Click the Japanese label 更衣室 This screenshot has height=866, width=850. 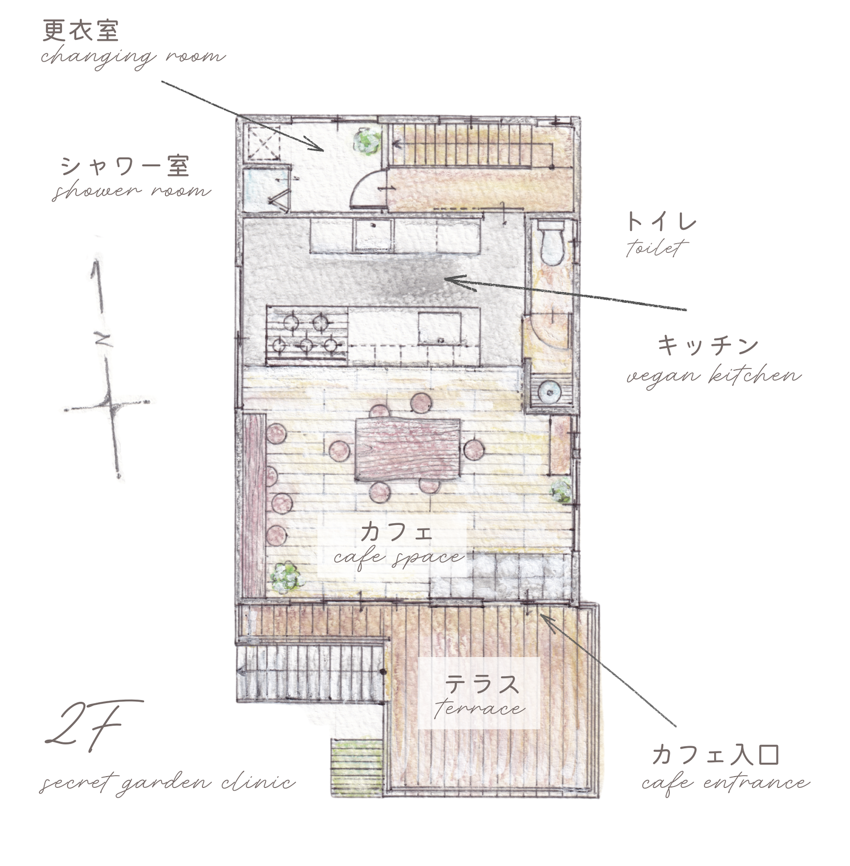(81, 32)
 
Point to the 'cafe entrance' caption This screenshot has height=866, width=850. (726, 782)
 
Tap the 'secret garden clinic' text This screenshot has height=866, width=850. (167, 782)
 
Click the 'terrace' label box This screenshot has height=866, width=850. (479, 693)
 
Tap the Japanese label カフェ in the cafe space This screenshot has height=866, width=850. (396, 532)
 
